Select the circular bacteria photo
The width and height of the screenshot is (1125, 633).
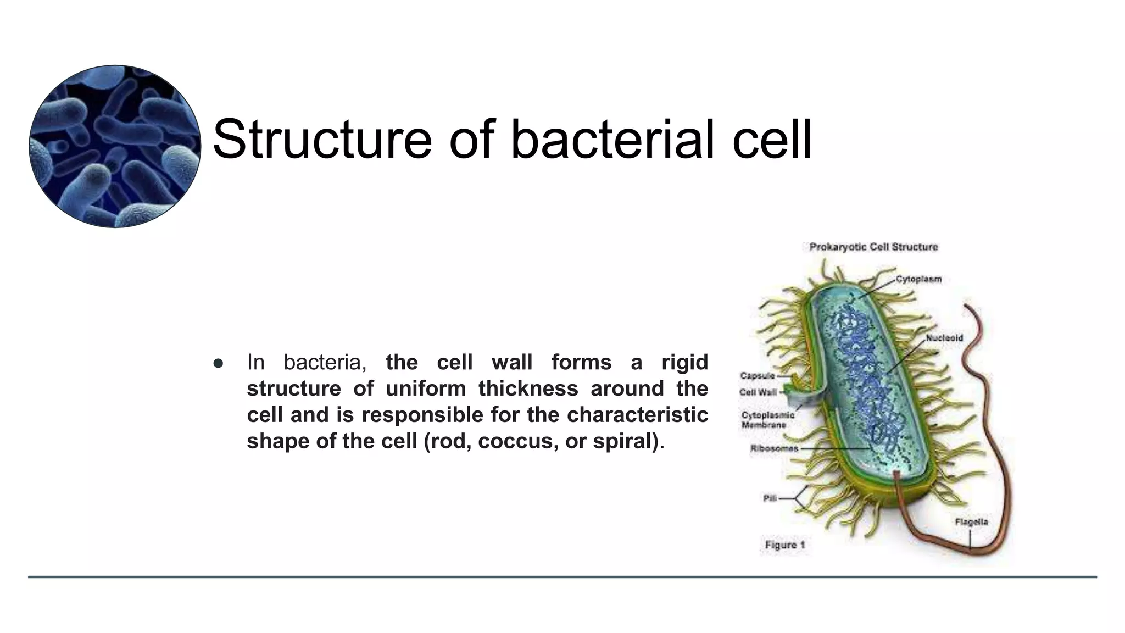coord(115,146)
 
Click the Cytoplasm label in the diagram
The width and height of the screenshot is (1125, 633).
coord(918,279)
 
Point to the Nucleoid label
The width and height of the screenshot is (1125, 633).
coord(944,338)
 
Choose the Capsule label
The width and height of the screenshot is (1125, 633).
coord(757,376)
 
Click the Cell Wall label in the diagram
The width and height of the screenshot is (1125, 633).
coord(758,392)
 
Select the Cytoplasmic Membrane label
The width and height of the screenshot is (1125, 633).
coord(767,420)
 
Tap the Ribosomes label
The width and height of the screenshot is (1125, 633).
coord(774,448)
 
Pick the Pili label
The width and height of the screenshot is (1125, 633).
coord(770,498)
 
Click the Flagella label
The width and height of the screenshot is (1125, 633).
coord(971,521)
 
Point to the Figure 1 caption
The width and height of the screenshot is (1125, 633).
coord(785,545)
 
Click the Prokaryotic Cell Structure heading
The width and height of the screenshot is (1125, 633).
coord(873,247)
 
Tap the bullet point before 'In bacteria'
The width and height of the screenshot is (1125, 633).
coord(218,363)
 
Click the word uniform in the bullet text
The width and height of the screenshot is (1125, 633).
coord(426,389)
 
